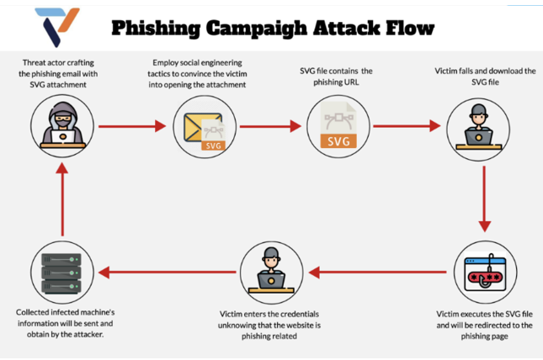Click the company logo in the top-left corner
(x=58, y=27)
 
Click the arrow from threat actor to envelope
(x=131, y=127)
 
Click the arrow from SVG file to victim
(x=407, y=127)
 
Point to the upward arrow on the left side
(x=61, y=199)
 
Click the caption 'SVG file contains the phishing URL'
(x=337, y=75)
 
